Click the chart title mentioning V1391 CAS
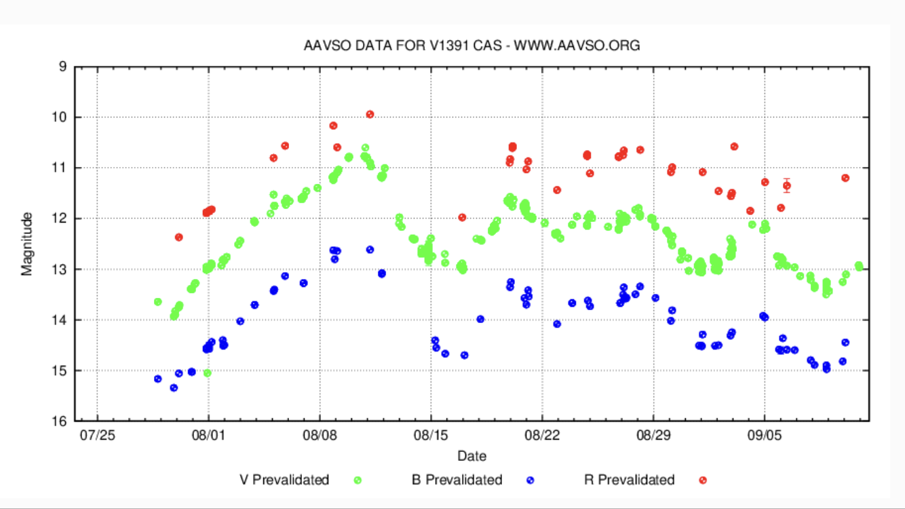[471, 46]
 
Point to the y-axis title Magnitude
[27, 244]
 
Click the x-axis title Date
[471, 455]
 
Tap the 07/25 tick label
[97, 433]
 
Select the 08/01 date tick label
[208, 433]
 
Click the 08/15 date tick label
[431, 433]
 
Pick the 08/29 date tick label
[653, 433]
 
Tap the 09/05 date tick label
[765, 433]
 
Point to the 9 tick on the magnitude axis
[62, 67]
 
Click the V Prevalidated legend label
[284, 480]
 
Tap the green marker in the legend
[358, 480]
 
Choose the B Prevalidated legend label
[457, 480]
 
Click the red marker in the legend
[703, 480]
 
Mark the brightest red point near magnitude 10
[370, 114]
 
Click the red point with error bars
[786, 185]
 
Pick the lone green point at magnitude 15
[207, 373]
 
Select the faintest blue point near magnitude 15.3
[174, 388]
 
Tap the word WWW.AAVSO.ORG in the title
[577, 46]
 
